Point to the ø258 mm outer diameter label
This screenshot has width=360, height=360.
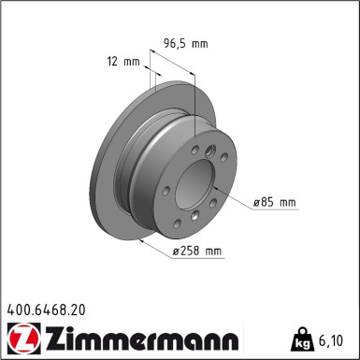click(198, 251)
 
